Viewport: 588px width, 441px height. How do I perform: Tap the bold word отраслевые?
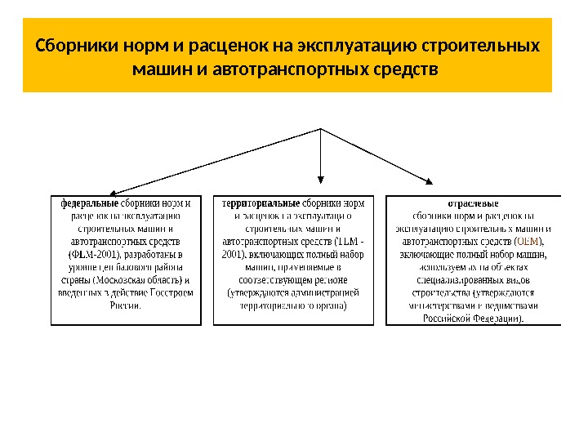tap(473, 203)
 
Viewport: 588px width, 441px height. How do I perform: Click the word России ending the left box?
tap(124, 306)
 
